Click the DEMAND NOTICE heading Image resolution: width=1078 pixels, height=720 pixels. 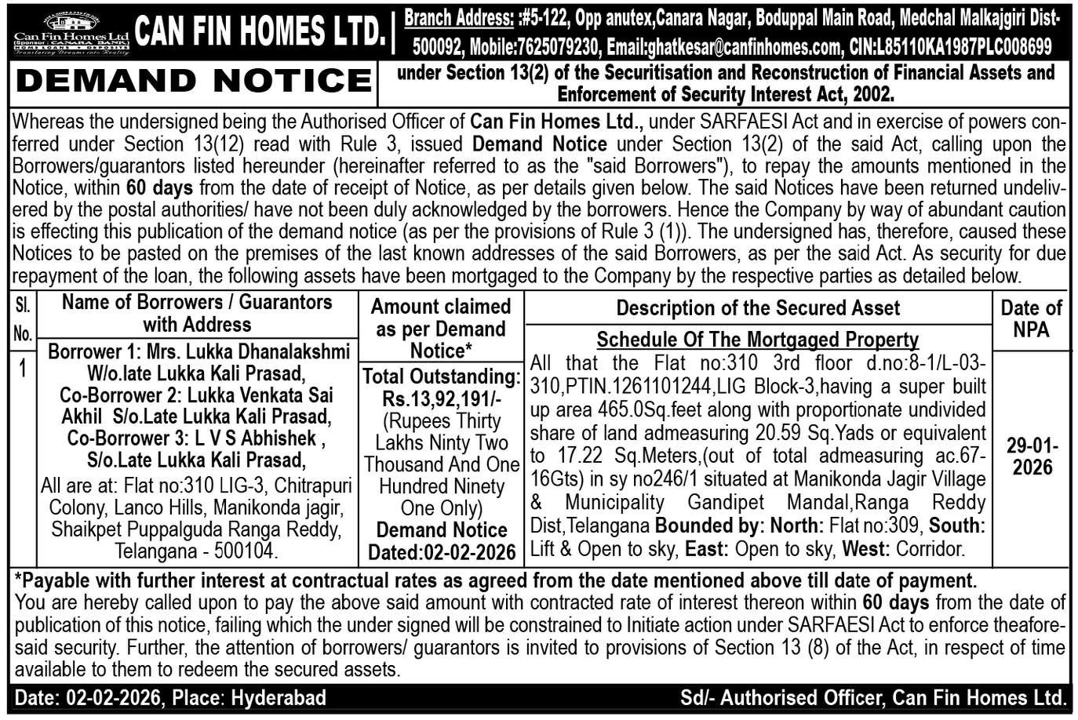pos(193,81)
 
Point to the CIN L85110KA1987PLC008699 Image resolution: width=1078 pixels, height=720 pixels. pos(950,48)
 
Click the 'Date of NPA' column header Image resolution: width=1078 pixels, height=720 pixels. pos(1030,318)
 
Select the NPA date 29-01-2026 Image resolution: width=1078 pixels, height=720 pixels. pos(1032,456)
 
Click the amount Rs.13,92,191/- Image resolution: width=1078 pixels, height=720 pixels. pos(441,398)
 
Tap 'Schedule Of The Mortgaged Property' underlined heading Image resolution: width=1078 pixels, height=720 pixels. pos(757,340)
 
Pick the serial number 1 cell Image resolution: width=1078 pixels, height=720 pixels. pos(23,368)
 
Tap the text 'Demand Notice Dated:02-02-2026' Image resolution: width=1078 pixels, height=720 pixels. pos(442,541)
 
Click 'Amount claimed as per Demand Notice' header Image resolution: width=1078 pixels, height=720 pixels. pos(441,328)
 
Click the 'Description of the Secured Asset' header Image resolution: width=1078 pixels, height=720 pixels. pos(757,308)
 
